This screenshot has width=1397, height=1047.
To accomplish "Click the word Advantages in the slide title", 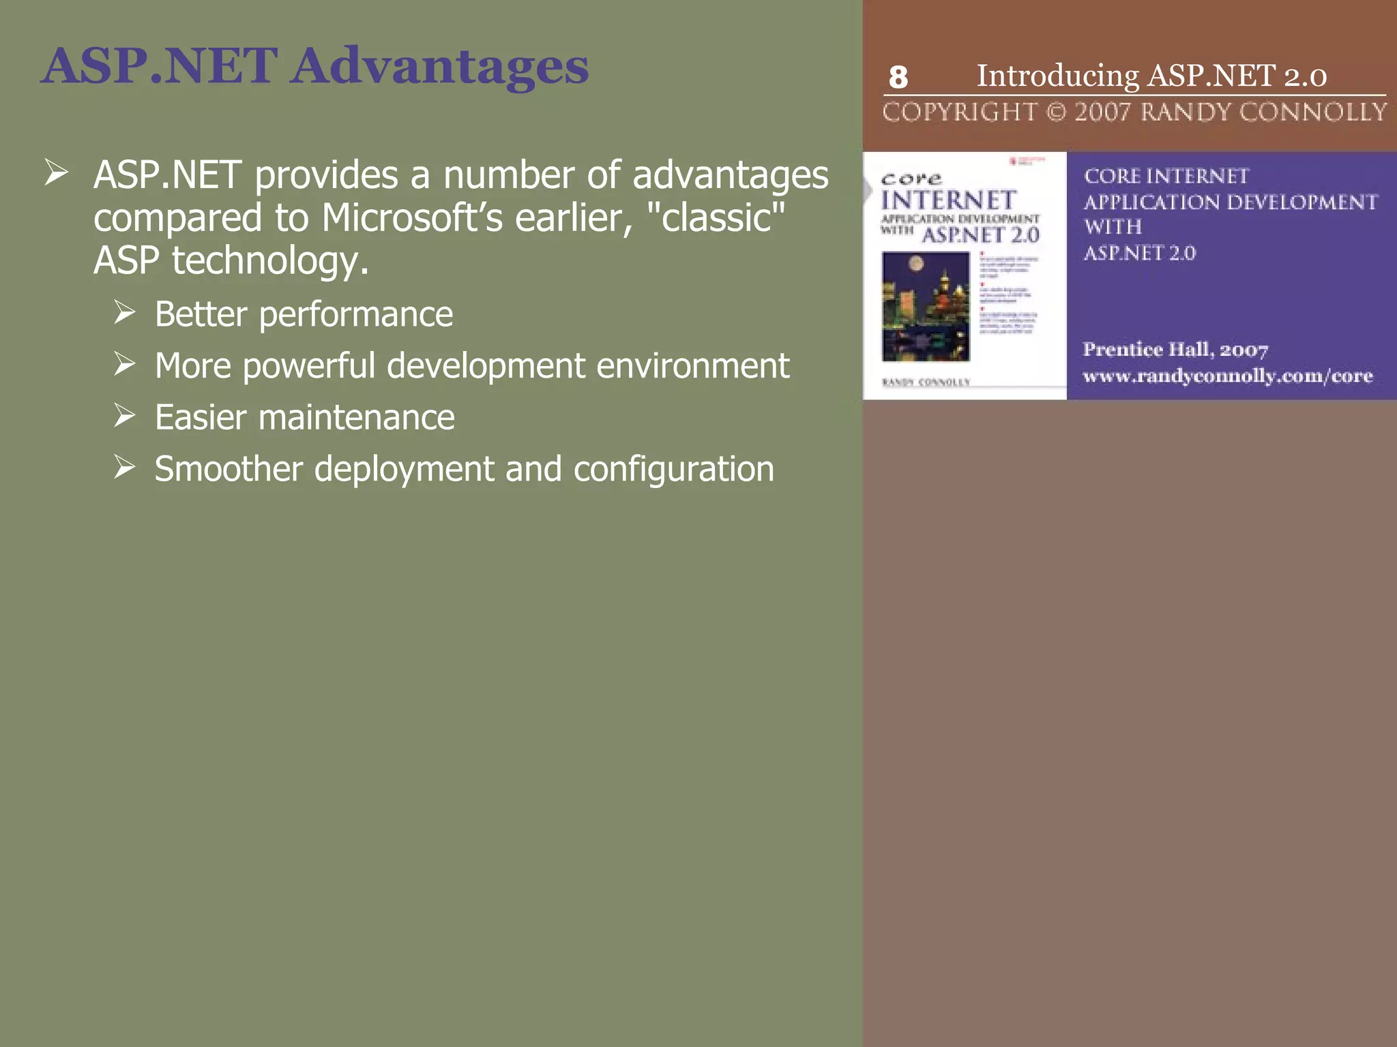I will click(441, 67).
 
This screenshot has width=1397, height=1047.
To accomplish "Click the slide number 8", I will click(898, 78).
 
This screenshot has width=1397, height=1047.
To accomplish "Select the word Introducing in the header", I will click(1057, 76).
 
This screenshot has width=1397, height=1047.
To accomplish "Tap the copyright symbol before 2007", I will click(1056, 112).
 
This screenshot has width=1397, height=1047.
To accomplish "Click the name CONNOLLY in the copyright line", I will click(1313, 112).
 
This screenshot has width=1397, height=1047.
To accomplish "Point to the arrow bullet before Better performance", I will click(125, 313).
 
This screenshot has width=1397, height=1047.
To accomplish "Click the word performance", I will click(355, 315).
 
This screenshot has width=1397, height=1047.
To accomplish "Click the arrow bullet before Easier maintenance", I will click(125, 416).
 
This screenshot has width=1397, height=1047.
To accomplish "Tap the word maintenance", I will click(356, 418).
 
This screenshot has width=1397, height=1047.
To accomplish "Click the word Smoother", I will click(229, 469).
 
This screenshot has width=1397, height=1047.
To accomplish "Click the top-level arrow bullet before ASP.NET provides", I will click(56, 172).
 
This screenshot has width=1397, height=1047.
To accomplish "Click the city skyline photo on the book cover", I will click(926, 306).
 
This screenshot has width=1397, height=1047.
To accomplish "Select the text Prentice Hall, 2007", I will click(1175, 350).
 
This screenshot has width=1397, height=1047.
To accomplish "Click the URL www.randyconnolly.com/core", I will click(1227, 376).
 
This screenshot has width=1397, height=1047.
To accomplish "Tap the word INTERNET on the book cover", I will click(948, 200).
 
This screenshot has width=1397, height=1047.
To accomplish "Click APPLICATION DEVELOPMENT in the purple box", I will click(1231, 202).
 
